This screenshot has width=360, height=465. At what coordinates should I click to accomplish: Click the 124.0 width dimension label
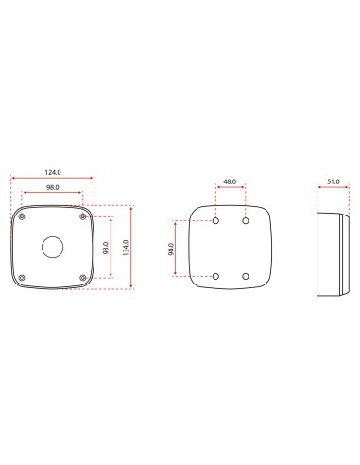51,171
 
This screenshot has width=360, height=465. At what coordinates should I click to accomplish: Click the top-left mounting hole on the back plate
216,220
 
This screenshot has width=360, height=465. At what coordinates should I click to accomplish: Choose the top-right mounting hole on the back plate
246,220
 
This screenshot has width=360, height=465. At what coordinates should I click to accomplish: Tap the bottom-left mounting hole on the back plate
216,277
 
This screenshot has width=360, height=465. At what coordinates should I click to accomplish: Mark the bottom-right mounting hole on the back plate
246,277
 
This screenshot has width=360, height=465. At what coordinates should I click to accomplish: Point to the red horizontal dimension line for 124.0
51,178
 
